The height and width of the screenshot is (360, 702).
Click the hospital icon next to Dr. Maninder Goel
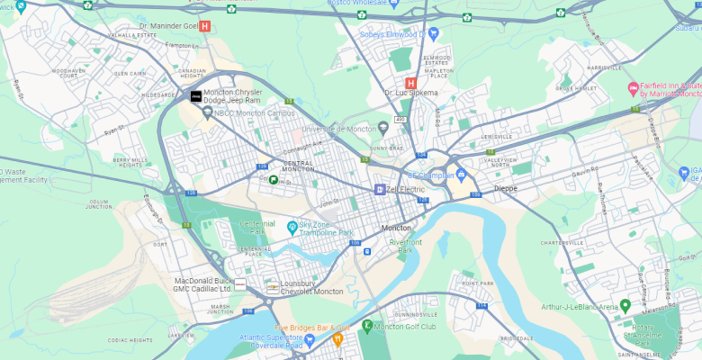[x=205, y=26]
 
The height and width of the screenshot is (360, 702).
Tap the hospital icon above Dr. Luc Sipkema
[x=410, y=83]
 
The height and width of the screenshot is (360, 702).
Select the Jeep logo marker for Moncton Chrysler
[x=195, y=96]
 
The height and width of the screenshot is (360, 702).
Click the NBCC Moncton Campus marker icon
[x=207, y=112]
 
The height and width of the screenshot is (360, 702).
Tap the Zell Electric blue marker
[x=379, y=189]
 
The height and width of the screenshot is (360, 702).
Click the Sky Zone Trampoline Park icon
[x=292, y=226]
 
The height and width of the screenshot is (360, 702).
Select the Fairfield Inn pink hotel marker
[x=632, y=88]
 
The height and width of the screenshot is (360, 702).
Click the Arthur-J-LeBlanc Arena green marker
[x=625, y=306]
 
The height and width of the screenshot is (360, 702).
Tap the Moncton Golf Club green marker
[x=366, y=325]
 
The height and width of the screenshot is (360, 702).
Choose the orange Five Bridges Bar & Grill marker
[x=337, y=339]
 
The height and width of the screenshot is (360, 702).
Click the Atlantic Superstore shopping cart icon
[x=310, y=340]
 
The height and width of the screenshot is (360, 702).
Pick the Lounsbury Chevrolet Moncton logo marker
[x=272, y=286]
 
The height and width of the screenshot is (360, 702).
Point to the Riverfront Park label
[x=405, y=246]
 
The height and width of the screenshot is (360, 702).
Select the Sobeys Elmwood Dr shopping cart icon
[x=433, y=34]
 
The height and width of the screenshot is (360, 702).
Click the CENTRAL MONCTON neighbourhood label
[x=298, y=166]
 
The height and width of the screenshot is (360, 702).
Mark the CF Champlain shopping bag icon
[x=461, y=175]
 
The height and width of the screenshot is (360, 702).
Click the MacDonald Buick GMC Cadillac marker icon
[x=240, y=283]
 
